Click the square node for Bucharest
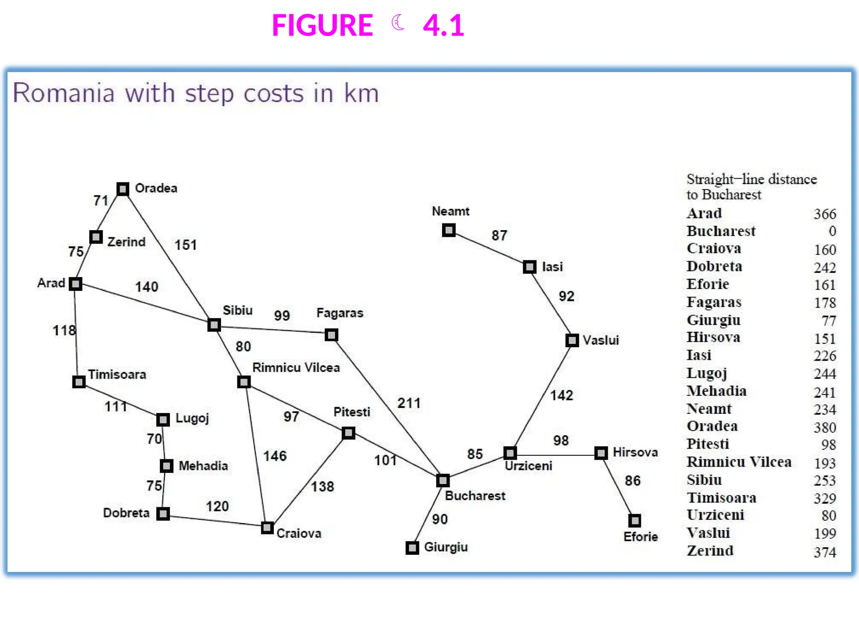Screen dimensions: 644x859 point(443,480)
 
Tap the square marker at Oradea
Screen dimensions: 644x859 point(122,189)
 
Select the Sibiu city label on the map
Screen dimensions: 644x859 point(237,310)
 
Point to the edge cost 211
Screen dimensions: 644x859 point(409,403)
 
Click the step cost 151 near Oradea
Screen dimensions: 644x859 point(185,245)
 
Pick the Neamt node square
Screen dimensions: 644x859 point(449,230)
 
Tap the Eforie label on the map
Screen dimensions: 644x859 point(640,537)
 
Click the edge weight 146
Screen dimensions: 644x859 point(275,456)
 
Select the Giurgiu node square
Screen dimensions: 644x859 point(412,548)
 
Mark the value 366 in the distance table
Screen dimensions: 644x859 point(825,214)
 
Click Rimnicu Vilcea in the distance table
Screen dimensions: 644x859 point(739,462)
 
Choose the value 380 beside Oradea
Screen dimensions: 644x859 point(825,427)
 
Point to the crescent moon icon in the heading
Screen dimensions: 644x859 point(398,23)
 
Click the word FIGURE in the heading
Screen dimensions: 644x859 point(322,26)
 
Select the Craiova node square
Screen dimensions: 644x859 point(267,527)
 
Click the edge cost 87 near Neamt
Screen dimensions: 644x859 point(499,235)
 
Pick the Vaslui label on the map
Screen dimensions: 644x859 point(601,340)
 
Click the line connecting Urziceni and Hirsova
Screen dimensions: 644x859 point(556,454)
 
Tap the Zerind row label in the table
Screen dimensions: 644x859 point(710,551)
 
